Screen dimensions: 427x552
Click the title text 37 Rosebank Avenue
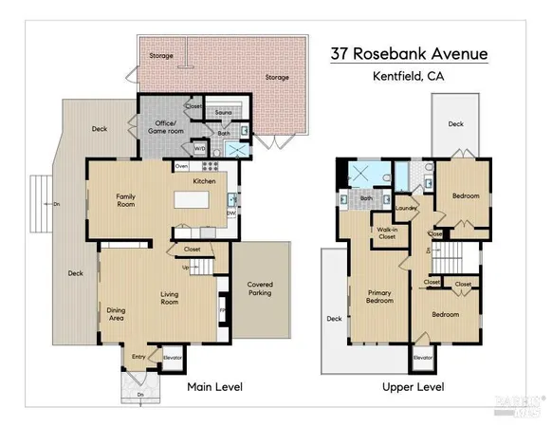(409, 54)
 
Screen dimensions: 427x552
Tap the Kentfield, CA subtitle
(409, 77)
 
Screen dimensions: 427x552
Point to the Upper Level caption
(413, 387)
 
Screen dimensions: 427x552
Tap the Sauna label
(224, 112)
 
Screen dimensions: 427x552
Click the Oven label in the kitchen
(181, 166)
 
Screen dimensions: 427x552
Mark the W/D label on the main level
(200, 148)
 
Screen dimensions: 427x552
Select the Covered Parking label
(260, 288)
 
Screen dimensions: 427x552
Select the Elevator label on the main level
(172, 359)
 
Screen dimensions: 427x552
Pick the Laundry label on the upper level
(407, 208)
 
